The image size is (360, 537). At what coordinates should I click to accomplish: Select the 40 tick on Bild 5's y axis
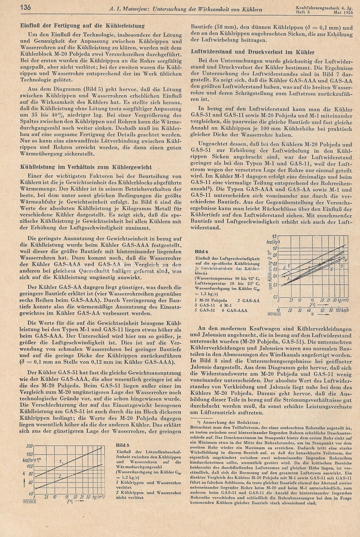point(30,493)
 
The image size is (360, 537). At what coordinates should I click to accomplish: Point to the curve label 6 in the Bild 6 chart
point(331,270)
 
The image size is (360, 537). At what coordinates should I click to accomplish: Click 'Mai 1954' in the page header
point(344,11)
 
